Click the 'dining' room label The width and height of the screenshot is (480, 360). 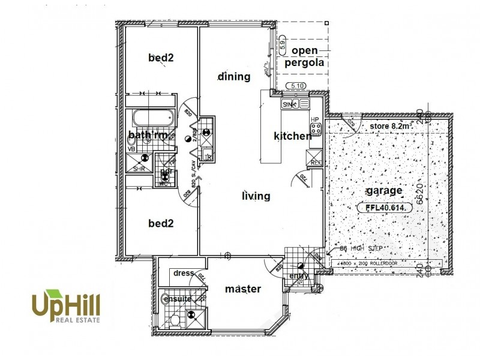(234, 76)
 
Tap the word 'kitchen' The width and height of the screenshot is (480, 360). (292, 136)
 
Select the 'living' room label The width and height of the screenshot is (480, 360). (256, 196)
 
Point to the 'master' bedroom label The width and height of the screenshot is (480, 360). (243, 289)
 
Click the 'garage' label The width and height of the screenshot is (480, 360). (385, 191)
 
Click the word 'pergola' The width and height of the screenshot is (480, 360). (307, 62)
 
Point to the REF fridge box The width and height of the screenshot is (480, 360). (316, 157)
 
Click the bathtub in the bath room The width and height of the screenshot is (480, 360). (152, 118)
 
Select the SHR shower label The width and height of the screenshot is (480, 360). (139, 169)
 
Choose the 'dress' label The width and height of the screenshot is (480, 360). (184, 273)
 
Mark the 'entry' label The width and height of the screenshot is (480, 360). (299, 275)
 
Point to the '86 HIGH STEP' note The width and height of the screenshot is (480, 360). (361, 247)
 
